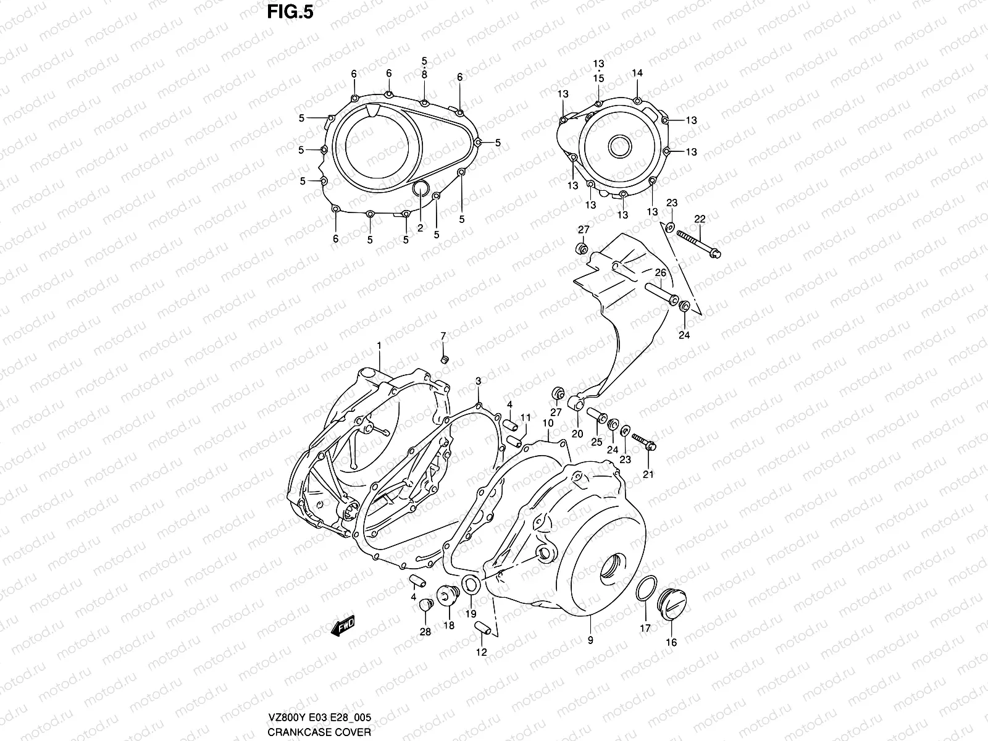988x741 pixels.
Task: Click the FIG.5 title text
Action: [x=286, y=13]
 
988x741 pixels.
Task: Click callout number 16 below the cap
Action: [x=672, y=642]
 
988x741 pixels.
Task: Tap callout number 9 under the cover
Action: [x=590, y=640]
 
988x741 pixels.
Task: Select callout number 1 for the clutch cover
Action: [x=379, y=345]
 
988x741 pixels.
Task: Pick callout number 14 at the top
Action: [x=637, y=73]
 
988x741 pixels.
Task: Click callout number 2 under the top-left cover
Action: [x=420, y=228]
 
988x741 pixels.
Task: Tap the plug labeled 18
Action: [x=448, y=597]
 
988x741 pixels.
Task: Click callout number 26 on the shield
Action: [x=660, y=272]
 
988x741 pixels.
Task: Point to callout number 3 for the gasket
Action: [x=479, y=382]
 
